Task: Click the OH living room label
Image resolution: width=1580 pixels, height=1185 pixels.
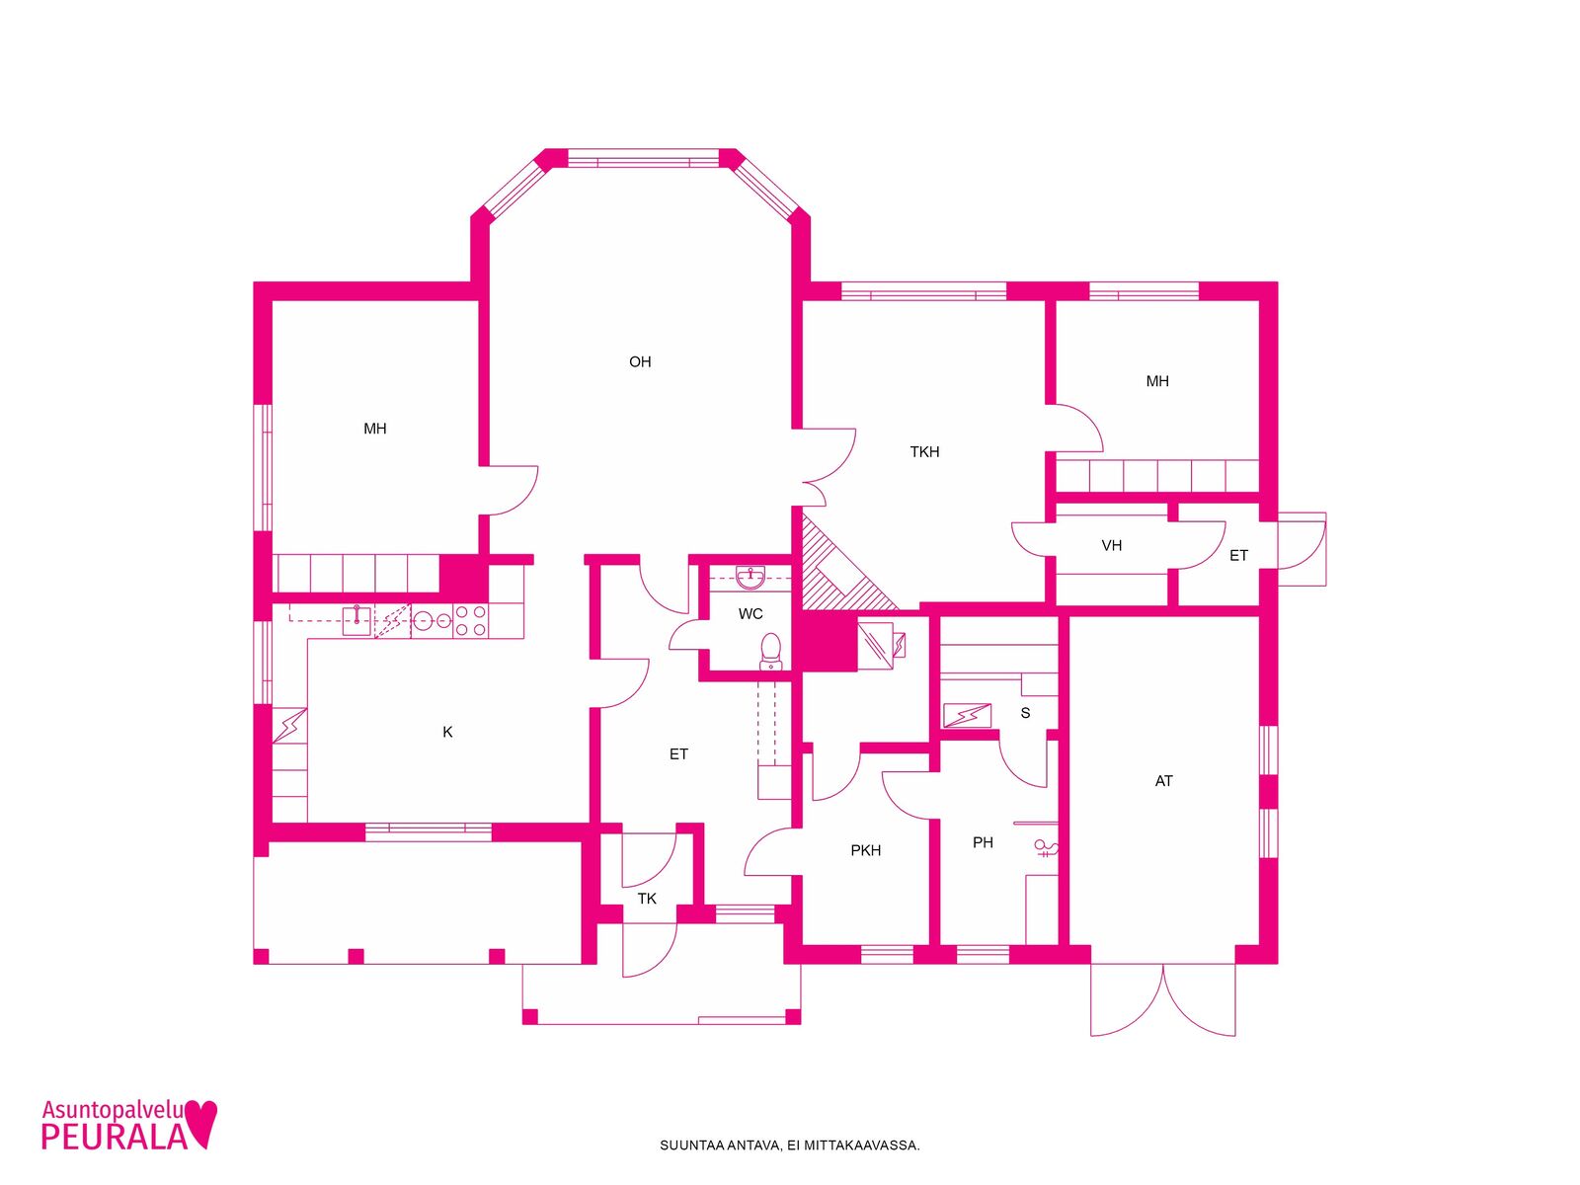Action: (x=640, y=361)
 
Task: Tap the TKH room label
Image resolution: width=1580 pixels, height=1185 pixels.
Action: (x=924, y=452)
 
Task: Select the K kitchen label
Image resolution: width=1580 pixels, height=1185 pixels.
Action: (x=447, y=732)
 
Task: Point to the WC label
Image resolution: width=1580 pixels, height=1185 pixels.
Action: (x=750, y=613)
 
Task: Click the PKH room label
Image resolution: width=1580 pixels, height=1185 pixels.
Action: (x=865, y=850)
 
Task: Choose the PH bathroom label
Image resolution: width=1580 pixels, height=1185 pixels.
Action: (x=983, y=842)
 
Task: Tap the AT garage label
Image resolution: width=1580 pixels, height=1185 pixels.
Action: (x=1163, y=781)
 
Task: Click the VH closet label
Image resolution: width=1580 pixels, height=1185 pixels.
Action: (x=1111, y=545)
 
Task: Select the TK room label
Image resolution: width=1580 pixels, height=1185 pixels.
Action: (x=647, y=899)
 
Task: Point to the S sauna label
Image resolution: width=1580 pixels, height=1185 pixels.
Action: (x=1025, y=713)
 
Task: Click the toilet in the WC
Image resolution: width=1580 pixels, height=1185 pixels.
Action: (x=771, y=652)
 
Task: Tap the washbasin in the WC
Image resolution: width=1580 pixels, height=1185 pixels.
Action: (x=750, y=577)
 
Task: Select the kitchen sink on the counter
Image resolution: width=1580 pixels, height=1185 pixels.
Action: (x=356, y=620)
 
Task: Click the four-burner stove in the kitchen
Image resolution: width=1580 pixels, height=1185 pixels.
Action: (x=470, y=621)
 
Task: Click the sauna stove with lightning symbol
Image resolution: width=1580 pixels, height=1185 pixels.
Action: (x=967, y=715)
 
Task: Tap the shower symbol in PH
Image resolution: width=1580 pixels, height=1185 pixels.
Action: (x=1046, y=849)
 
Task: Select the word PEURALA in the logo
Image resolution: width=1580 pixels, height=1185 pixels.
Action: (x=114, y=1137)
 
